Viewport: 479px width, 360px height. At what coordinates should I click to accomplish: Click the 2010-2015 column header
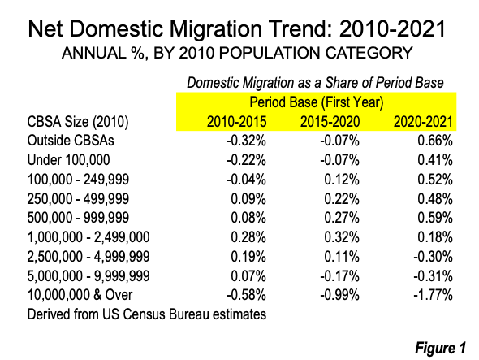tap(237, 122)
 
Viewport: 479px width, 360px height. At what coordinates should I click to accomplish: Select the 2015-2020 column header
tap(330, 122)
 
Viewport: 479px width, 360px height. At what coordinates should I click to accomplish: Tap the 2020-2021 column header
tap(423, 122)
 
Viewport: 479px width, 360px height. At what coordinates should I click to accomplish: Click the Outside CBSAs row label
tap(71, 141)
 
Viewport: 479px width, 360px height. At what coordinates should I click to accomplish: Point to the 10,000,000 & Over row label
tap(80, 295)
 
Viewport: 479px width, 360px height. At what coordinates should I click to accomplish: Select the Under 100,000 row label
tap(69, 160)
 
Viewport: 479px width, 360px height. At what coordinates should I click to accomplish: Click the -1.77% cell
tap(433, 295)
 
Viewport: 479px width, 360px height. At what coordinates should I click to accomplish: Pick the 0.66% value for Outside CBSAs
tap(435, 141)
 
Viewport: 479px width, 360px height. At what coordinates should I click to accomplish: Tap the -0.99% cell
tap(339, 295)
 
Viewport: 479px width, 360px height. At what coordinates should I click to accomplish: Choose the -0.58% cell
tap(246, 295)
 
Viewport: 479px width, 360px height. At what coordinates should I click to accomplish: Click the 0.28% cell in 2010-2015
tap(248, 237)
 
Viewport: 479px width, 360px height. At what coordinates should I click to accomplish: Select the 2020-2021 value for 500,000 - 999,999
tap(435, 218)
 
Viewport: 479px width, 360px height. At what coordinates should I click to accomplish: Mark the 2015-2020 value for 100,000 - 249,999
tap(342, 180)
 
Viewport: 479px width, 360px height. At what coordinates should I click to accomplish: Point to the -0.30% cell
tap(433, 256)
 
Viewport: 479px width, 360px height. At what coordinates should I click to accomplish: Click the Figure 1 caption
tap(441, 348)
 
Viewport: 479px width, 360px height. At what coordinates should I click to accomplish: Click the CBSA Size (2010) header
tap(78, 122)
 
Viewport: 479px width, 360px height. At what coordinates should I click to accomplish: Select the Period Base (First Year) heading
tap(317, 102)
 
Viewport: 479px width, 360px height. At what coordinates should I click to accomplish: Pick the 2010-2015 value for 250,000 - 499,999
tap(248, 199)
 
